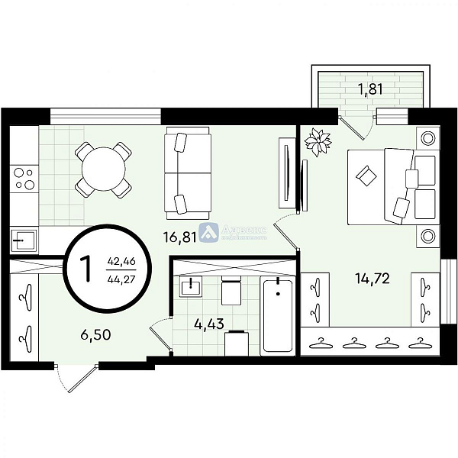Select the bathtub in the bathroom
click(277, 316)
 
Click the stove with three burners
click(24, 179)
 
